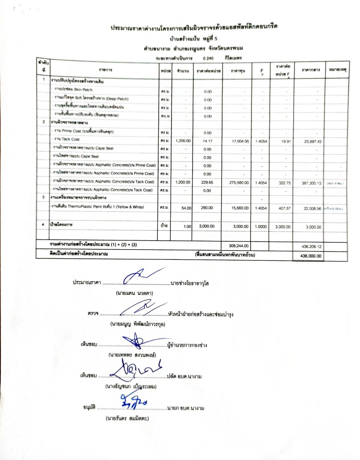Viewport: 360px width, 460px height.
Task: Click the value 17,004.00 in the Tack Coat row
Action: click(x=240, y=141)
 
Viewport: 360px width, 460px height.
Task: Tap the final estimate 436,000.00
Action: click(x=311, y=256)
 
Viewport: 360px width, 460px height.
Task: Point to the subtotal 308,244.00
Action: click(x=239, y=246)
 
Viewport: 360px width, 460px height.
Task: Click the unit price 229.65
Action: click(x=207, y=182)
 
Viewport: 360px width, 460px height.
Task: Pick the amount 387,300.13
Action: click(x=311, y=183)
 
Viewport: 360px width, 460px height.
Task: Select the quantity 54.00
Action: click(x=186, y=208)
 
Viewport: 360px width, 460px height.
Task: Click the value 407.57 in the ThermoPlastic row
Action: click(x=284, y=209)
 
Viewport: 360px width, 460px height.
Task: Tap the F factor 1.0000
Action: click(x=261, y=227)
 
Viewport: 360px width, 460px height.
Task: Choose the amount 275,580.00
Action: click(x=239, y=182)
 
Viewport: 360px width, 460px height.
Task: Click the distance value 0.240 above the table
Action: click(x=208, y=58)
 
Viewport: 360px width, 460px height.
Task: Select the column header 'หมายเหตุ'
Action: click(x=338, y=69)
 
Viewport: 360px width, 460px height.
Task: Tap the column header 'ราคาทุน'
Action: click(x=238, y=70)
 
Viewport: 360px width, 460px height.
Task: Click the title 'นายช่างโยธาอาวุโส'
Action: click(x=190, y=283)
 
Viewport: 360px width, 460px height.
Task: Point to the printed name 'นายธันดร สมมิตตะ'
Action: click(x=127, y=418)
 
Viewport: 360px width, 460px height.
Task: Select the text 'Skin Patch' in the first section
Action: click(x=83, y=90)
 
